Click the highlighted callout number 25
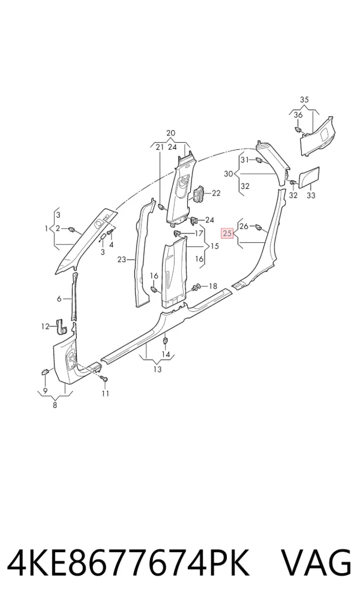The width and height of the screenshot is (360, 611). click(227, 233)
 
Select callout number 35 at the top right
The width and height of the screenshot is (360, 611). click(304, 100)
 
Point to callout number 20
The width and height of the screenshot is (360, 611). click(171, 133)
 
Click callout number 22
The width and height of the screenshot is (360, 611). click(216, 193)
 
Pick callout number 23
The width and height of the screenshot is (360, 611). click(122, 259)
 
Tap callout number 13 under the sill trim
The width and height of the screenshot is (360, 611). click(157, 369)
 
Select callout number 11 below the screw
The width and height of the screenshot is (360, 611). click(106, 393)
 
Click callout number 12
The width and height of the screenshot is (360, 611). click(46, 327)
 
